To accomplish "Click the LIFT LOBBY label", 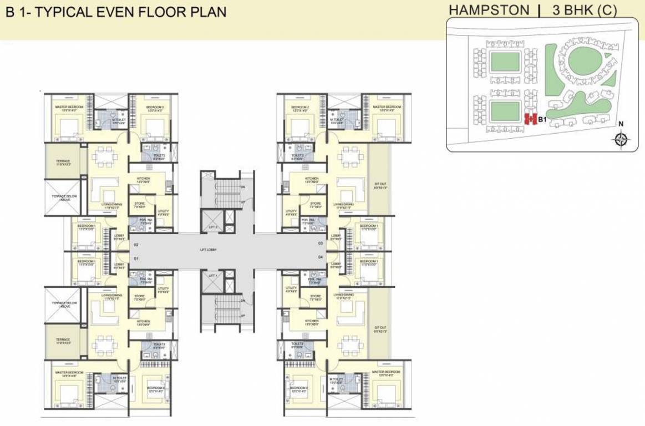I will [x=209, y=250].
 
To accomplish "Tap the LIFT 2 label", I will [x=212, y=227].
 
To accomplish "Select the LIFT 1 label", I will [x=212, y=275].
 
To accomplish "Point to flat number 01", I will [x=135, y=258].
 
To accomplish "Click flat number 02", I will [x=135, y=244].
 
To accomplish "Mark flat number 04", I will [x=320, y=258].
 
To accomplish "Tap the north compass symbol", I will [x=621, y=139].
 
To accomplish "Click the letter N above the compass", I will [x=621, y=124].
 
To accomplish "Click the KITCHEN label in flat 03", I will [x=311, y=179].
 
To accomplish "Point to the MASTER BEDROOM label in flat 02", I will [x=69, y=106].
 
